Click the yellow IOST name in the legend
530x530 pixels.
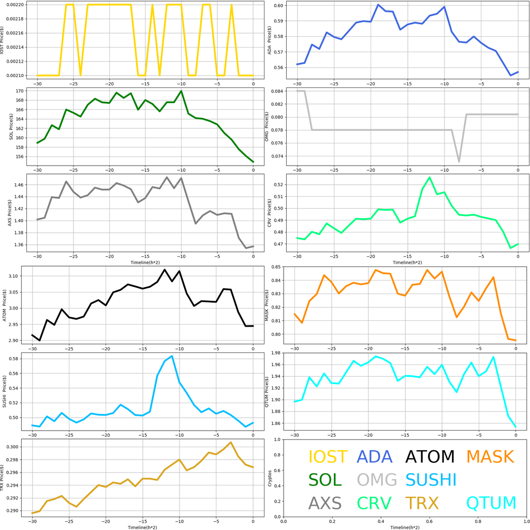(x=328, y=457)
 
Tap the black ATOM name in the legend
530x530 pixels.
(x=430, y=457)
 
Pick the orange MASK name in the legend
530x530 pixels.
(x=490, y=457)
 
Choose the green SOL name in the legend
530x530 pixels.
(x=325, y=480)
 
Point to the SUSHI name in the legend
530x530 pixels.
(x=431, y=480)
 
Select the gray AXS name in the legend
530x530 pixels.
(x=325, y=503)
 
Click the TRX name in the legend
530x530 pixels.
(x=422, y=503)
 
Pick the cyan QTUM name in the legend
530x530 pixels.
(x=491, y=503)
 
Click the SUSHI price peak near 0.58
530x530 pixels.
(x=172, y=356)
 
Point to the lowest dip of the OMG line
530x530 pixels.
(x=459, y=162)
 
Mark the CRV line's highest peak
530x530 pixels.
(x=430, y=178)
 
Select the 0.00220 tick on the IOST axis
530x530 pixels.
(x=16, y=5)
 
